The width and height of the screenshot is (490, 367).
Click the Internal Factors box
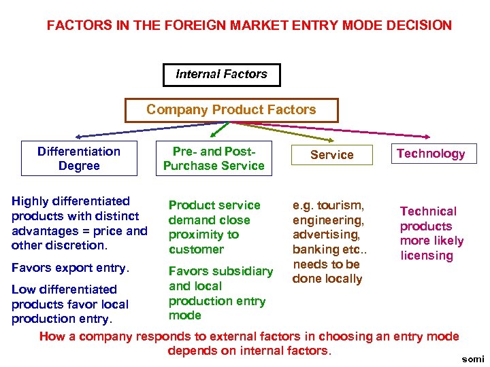coord(221,74)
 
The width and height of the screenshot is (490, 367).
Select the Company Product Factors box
coord(231,110)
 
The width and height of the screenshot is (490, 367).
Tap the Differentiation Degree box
coord(79,158)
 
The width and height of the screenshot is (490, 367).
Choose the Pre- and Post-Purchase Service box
coord(214,158)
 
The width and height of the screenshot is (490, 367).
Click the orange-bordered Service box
coord(331,155)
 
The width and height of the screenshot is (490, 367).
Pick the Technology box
coord(431,154)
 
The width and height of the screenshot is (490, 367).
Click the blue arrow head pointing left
coord(78,137)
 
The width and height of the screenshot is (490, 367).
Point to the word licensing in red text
coord(427,256)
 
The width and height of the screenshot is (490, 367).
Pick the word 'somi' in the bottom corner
coord(472,359)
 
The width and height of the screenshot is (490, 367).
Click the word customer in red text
coord(196,249)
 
